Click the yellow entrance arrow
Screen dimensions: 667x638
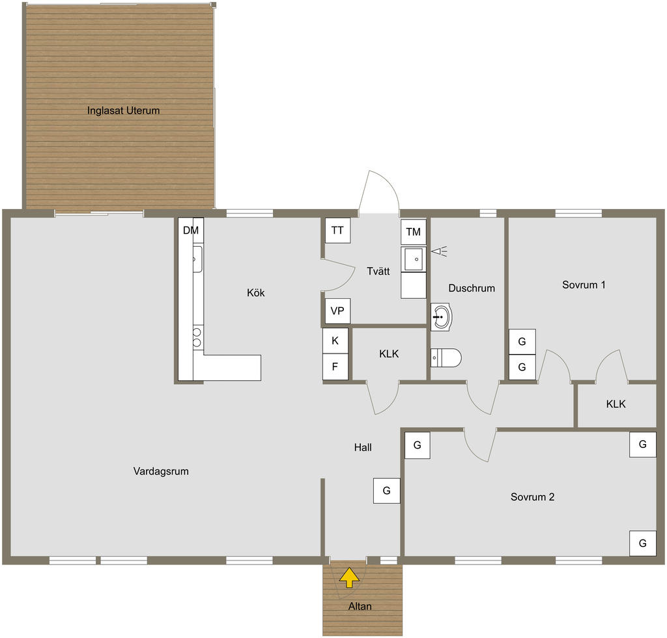click(x=349, y=577)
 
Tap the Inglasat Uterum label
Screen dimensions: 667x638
click(x=123, y=111)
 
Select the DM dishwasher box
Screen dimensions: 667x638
click(x=191, y=230)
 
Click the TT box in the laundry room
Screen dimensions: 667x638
click(x=338, y=230)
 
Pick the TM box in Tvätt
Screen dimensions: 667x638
click(x=414, y=232)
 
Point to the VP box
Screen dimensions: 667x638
click(x=337, y=311)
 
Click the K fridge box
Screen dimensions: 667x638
click(x=335, y=340)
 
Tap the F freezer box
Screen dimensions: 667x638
click(x=335, y=367)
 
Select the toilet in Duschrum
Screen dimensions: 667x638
click(x=446, y=358)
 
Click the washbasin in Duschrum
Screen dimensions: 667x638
click(x=441, y=316)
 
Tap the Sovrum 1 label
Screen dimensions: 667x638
click(x=584, y=284)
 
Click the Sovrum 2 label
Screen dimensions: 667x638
click(x=533, y=497)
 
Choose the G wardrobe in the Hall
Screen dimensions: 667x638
click(x=387, y=491)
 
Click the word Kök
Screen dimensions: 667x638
click(x=255, y=292)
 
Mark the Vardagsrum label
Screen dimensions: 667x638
click(x=161, y=471)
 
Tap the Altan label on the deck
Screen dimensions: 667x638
click(x=360, y=606)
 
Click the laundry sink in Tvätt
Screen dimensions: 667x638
click(x=414, y=259)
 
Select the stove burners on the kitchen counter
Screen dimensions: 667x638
click(x=197, y=337)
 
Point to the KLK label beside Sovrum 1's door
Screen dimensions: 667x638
click(x=616, y=404)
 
